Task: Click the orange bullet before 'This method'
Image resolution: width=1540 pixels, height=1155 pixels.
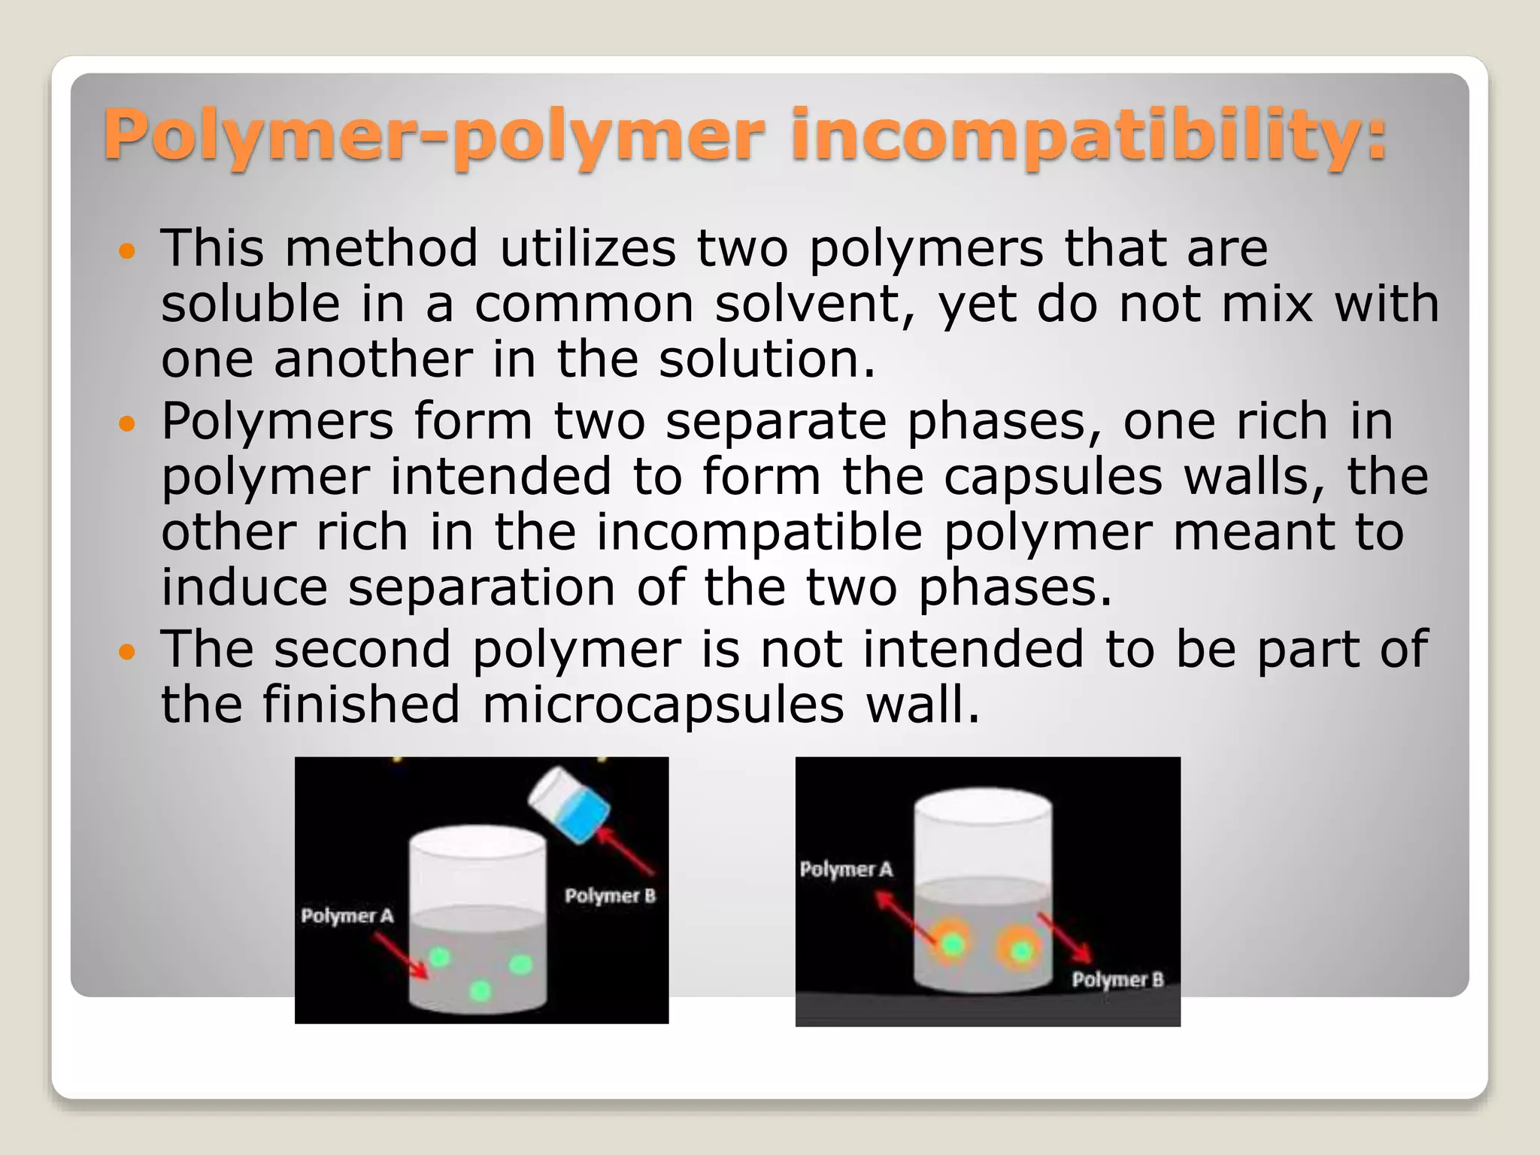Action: [127, 250]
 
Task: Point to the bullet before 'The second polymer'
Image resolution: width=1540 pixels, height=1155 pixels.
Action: [127, 651]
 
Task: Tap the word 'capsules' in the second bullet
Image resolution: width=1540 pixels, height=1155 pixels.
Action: [1053, 477]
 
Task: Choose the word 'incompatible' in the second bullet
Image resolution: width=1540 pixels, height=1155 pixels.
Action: [759, 532]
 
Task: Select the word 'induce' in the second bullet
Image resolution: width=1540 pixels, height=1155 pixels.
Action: [244, 588]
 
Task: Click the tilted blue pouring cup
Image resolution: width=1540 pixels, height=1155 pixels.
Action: [570, 804]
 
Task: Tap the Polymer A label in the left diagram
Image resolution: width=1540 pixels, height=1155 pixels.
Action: [347, 916]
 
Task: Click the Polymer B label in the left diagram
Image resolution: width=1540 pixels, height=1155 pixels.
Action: [610, 896]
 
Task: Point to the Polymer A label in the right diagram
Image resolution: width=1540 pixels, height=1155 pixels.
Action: [846, 870]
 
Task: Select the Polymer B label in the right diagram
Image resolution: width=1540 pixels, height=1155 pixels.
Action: [1117, 980]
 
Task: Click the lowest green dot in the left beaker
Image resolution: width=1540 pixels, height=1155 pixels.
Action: [480, 992]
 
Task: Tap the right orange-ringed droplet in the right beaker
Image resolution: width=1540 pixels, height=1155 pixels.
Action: [1021, 950]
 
